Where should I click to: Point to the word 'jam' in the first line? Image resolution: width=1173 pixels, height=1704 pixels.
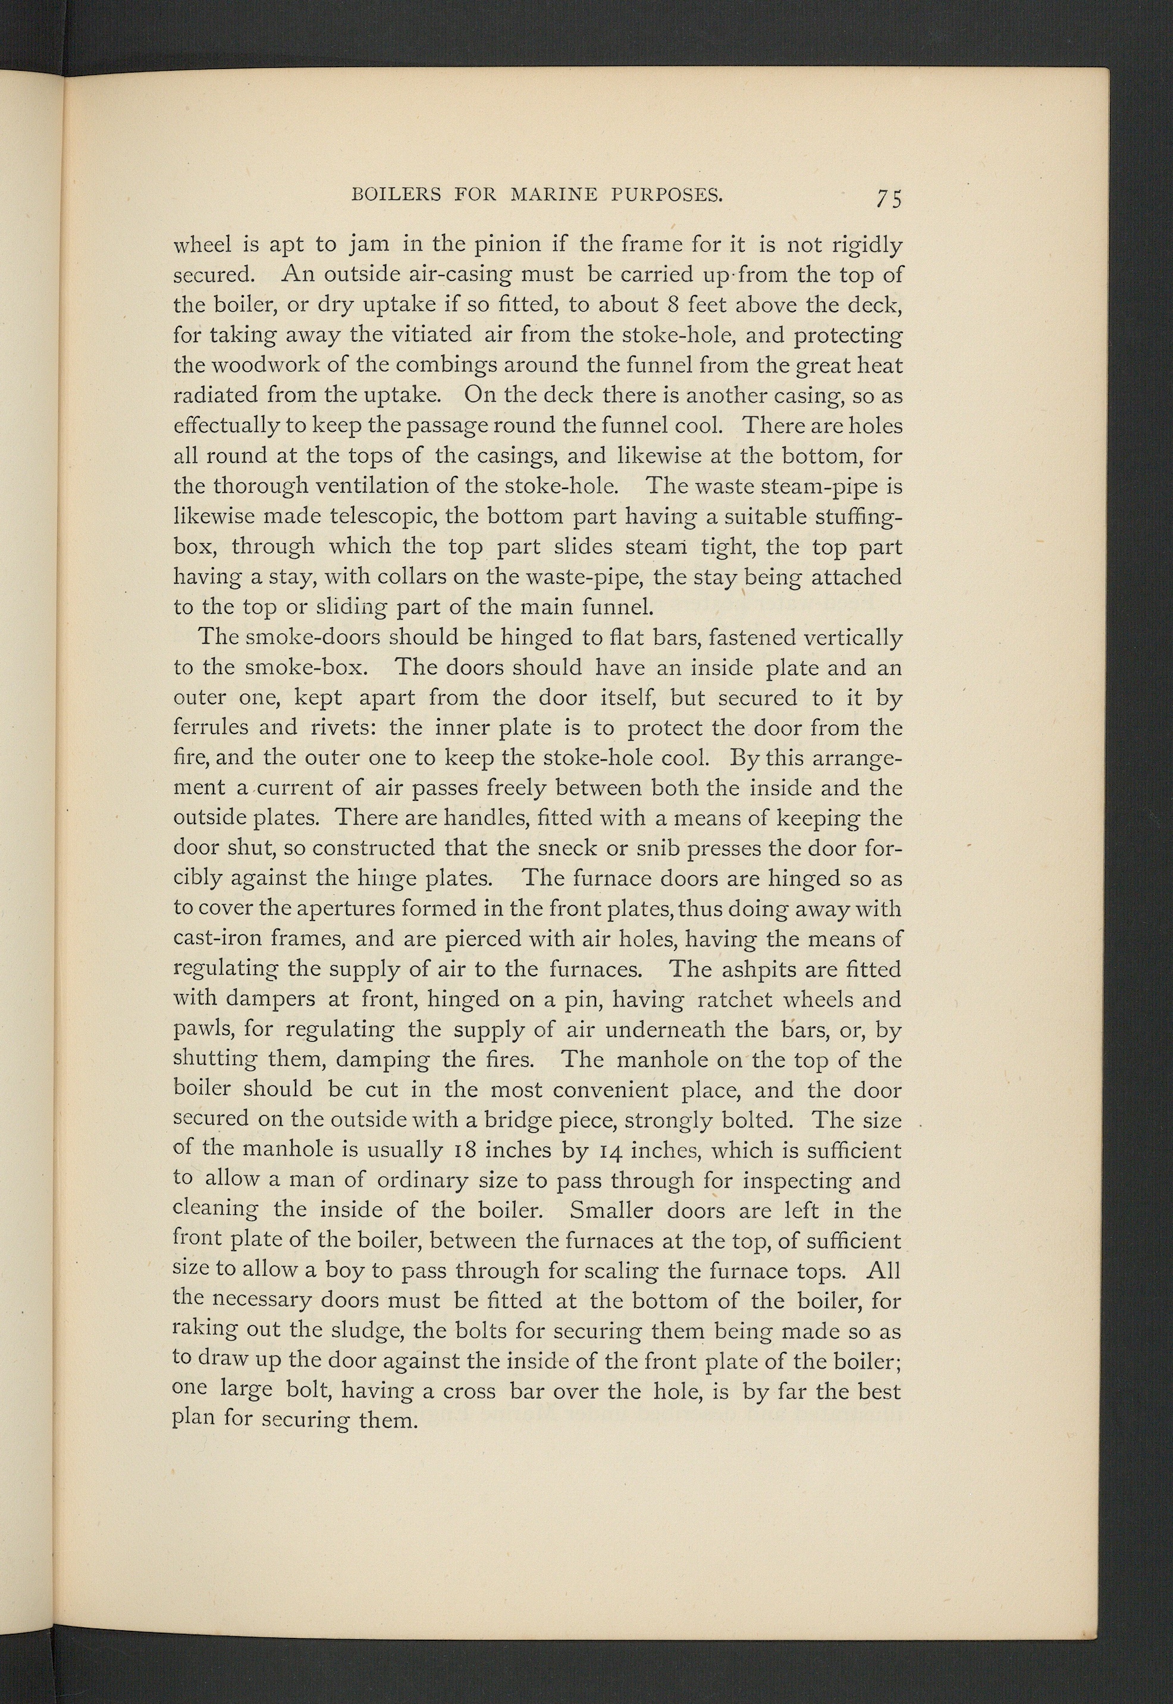click(x=362, y=245)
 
